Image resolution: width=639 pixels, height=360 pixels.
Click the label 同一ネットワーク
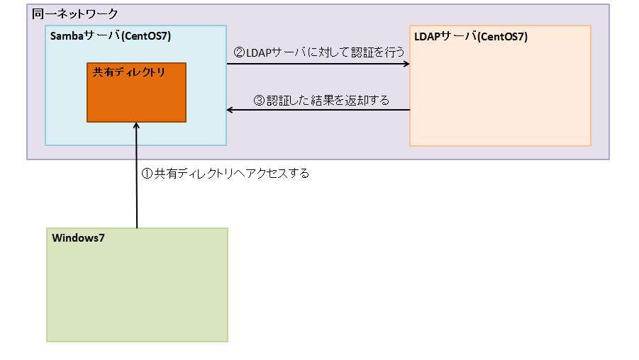click(75, 14)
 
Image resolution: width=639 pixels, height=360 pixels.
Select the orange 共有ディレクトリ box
click(136, 99)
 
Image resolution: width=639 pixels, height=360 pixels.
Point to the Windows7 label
click(78, 238)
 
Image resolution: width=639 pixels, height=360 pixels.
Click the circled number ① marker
click(148, 173)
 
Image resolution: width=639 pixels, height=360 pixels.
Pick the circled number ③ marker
click(260, 100)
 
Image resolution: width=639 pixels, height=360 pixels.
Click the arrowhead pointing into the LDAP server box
click(406, 64)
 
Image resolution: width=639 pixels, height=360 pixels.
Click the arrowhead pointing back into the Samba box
click(230, 110)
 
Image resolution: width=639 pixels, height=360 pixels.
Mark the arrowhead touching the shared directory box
click(137, 126)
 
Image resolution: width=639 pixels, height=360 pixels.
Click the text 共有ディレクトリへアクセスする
click(232, 173)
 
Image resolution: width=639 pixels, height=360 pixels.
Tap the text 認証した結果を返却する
click(328, 100)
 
